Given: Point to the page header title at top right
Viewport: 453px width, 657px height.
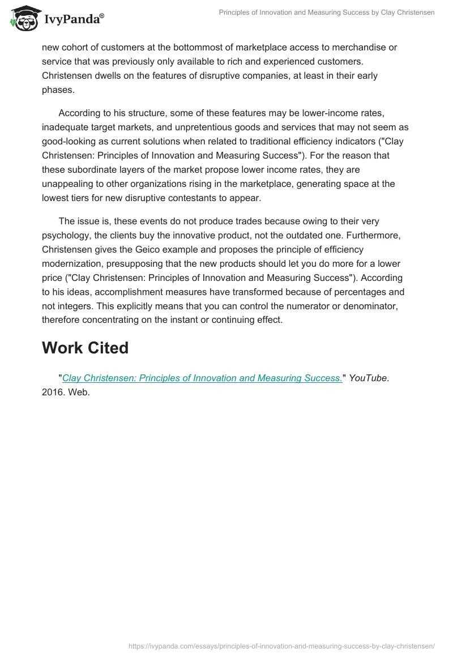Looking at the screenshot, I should [326, 12].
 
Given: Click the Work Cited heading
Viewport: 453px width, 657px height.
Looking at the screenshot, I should [85, 348].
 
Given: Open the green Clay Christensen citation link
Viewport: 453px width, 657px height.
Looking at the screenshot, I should [202, 378].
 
